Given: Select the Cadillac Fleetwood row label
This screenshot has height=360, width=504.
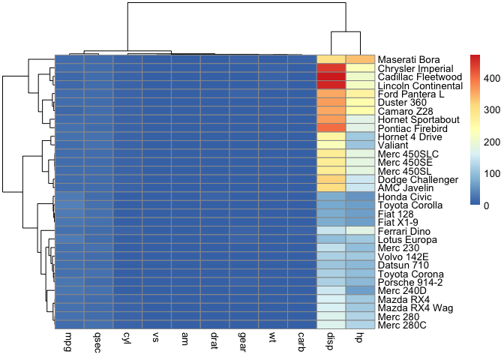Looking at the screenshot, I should pos(418,76).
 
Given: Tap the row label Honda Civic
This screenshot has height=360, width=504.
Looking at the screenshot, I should pos(405,196).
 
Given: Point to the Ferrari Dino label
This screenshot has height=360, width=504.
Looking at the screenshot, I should pos(404,231).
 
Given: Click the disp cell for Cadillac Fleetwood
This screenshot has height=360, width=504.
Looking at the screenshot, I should pos(331,76).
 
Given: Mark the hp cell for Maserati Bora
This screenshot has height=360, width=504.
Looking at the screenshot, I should pos(360,59).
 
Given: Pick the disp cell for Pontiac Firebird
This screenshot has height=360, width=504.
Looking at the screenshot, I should pos(331,127).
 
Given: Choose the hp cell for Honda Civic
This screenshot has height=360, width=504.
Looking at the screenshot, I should pos(360,196).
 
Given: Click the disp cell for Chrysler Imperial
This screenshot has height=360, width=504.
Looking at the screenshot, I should pos(331,67).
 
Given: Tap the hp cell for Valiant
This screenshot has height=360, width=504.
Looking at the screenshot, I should pos(360,145).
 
